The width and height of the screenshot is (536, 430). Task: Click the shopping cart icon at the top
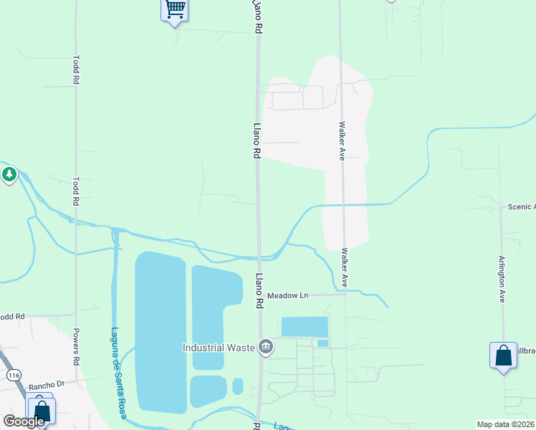pyautogui.click(x=175, y=10)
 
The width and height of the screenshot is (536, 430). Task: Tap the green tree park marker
pyautogui.click(x=9, y=174)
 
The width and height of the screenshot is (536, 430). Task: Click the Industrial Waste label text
pyautogui.click(x=219, y=348)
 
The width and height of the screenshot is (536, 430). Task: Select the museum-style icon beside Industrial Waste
pyautogui.click(x=266, y=348)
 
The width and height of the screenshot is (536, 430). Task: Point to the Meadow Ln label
pyautogui.click(x=287, y=295)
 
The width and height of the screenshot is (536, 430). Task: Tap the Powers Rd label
pyautogui.click(x=76, y=344)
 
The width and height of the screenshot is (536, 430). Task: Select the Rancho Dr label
pyautogui.click(x=47, y=384)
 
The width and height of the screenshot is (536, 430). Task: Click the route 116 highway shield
pyautogui.click(x=12, y=375)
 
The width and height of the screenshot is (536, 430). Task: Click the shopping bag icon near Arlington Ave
pyautogui.click(x=503, y=355)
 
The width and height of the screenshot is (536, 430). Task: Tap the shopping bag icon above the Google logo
pyautogui.click(x=41, y=411)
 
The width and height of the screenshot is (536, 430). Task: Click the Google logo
pyautogui.click(x=24, y=421)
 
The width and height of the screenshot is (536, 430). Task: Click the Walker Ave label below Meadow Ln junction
pyautogui.click(x=345, y=267)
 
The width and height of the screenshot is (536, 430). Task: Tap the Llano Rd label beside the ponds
pyautogui.click(x=259, y=290)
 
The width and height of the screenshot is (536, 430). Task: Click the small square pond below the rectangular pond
pyautogui.click(x=322, y=343)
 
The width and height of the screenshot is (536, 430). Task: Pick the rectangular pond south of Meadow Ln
pyautogui.click(x=305, y=327)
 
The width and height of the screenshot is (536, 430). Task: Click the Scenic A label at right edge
pyautogui.click(x=521, y=206)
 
